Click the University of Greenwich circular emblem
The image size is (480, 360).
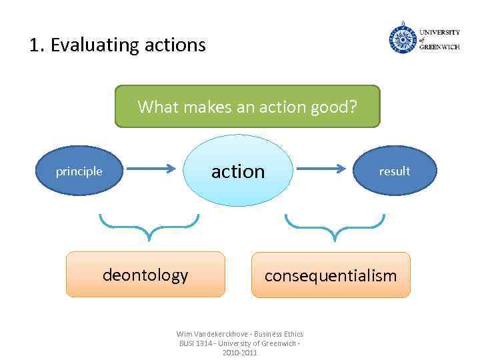pos(402,37)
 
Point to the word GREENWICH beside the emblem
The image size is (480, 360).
pos(439,47)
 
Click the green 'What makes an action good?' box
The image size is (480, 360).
pos(247,106)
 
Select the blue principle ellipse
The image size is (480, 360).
pos(79,171)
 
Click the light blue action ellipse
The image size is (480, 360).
pos(239,171)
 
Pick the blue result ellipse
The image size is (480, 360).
pos(394,171)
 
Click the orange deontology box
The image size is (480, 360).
pos(145,274)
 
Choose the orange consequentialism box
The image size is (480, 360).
pos(331,275)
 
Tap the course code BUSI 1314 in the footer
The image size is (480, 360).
pos(194,343)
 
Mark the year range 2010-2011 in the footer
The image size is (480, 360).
pos(239,352)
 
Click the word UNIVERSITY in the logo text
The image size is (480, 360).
pos(439,32)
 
